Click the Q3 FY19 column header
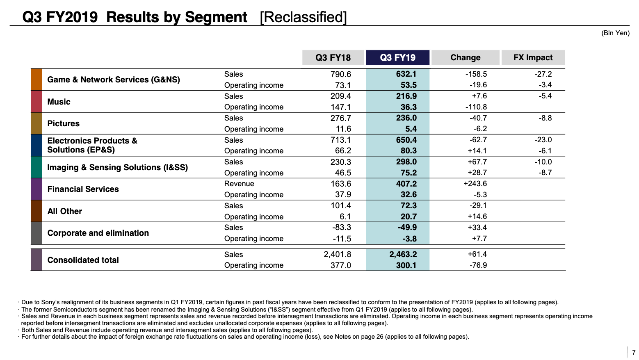397,57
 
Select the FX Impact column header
533,57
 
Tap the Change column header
465,57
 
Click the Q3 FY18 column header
333,57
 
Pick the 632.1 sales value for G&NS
406,74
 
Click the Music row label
59,102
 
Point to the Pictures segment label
63,123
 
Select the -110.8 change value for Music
476,107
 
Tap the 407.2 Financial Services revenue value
406,183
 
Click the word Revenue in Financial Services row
239,183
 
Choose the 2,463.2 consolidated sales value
403,254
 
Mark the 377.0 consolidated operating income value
340,265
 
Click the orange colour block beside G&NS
37,80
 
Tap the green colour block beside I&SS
37,167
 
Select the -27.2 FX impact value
543,74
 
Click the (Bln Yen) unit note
615,33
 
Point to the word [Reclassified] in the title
303,17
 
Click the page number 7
634,353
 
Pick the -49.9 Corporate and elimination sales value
407,227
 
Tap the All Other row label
64,211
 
